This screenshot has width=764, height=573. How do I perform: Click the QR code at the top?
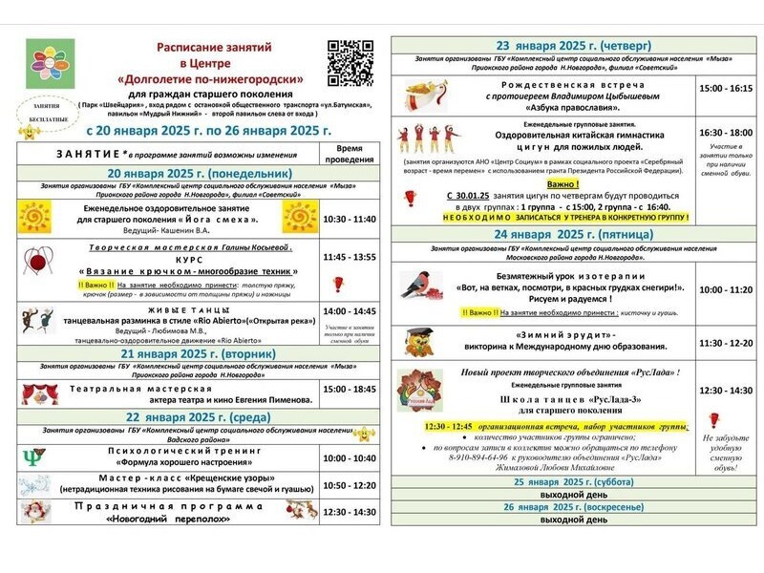(350, 63)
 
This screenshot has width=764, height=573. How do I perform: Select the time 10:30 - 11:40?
(350, 219)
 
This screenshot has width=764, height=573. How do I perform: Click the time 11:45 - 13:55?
(350, 257)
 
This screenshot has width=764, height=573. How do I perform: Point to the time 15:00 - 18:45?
(350, 389)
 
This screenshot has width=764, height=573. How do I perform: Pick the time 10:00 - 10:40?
(350, 457)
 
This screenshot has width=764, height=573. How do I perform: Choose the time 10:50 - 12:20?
(350, 484)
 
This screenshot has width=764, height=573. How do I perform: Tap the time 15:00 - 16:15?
(726, 88)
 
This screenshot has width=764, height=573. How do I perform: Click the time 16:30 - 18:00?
(726, 132)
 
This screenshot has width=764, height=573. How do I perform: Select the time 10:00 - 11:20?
(726, 289)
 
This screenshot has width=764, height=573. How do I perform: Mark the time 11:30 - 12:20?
(726, 342)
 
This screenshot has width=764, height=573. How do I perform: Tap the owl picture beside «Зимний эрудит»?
(417, 341)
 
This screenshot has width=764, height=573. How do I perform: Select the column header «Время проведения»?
(350, 154)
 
